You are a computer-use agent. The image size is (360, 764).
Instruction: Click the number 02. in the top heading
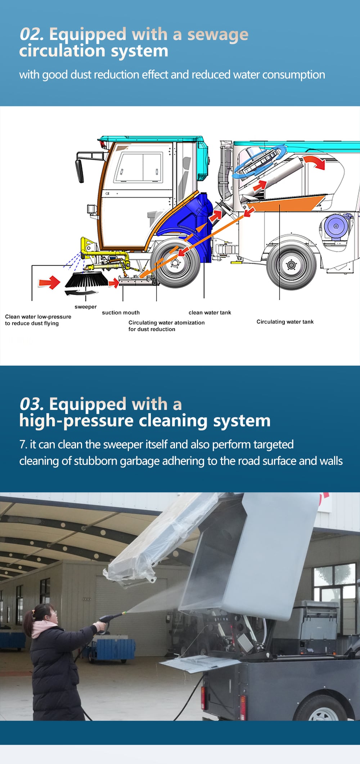[x=32, y=34]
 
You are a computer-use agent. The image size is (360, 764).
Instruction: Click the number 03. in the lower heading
[x=32, y=404]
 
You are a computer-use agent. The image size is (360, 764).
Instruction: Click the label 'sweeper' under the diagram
[x=86, y=307]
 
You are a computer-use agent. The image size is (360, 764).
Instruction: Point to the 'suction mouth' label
[x=121, y=313]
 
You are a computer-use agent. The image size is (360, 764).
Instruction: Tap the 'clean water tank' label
[x=210, y=313]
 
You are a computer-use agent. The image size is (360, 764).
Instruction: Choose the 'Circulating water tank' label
[x=285, y=322]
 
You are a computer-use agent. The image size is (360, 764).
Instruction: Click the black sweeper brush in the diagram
[x=86, y=280]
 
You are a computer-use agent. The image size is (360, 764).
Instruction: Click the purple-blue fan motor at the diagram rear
[x=336, y=226]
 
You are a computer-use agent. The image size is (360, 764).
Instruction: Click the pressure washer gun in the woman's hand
[x=110, y=621]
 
